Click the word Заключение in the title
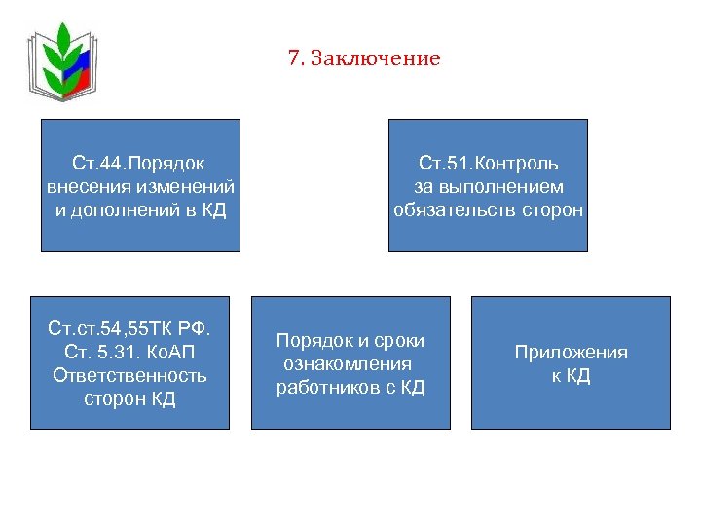(x=375, y=59)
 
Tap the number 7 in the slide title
(x=293, y=59)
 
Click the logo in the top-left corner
(x=62, y=59)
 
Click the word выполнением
(x=501, y=186)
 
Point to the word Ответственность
(x=129, y=375)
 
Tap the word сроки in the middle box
(x=400, y=341)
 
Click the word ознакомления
(x=348, y=364)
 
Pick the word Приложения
(x=571, y=353)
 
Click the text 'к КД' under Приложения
(x=571, y=376)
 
